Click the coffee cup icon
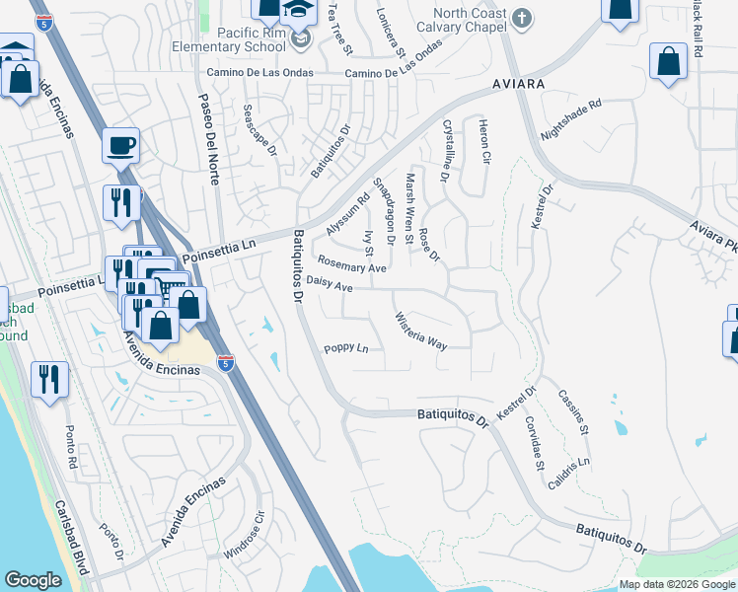click(x=121, y=146)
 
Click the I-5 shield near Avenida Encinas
click(x=226, y=363)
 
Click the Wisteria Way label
click(x=421, y=331)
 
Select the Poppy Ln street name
click(x=346, y=349)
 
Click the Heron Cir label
click(x=483, y=139)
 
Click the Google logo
click(x=33, y=580)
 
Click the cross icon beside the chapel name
click(x=523, y=16)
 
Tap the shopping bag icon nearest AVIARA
click(x=668, y=62)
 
